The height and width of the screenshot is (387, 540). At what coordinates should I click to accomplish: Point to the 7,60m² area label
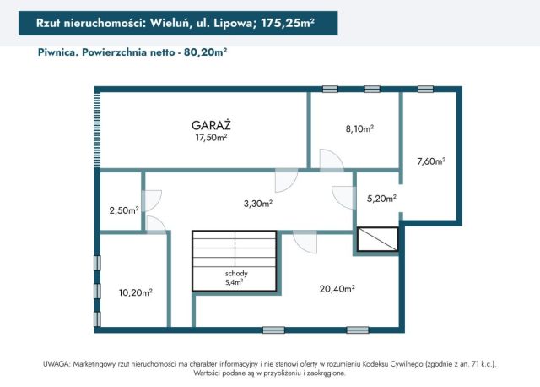(x=430, y=161)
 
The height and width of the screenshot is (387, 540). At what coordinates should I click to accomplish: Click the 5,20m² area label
(x=381, y=199)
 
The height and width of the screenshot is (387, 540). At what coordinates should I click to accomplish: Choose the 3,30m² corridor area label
(x=258, y=204)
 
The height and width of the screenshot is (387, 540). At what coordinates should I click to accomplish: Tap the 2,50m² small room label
(x=123, y=210)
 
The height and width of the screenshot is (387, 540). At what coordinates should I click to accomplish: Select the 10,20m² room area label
(x=135, y=293)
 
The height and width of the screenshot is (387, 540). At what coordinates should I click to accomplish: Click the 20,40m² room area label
(x=337, y=288)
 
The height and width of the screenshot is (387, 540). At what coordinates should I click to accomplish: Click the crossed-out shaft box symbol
(x=377, y=239)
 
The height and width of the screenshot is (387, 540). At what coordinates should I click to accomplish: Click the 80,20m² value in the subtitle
(x=205, y=52)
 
